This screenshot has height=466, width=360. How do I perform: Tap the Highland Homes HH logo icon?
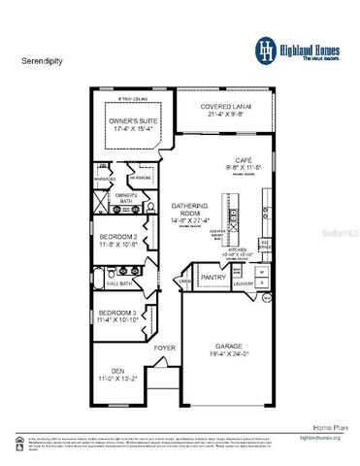pos(264,48)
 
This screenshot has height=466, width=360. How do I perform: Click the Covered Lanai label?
pos(225,106)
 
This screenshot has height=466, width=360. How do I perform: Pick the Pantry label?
pos(213,277)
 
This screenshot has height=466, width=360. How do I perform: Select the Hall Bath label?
pos(118,283)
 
